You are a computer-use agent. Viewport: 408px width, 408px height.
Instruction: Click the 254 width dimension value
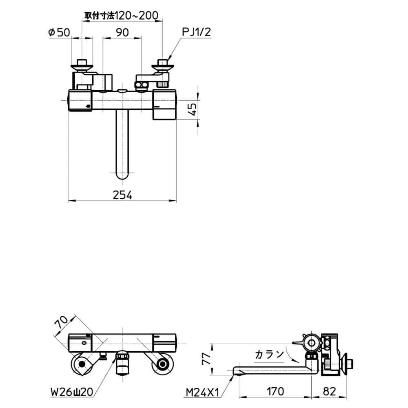(x=122, y=195)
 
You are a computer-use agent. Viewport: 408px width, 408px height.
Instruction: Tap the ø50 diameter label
(x=59, y=33)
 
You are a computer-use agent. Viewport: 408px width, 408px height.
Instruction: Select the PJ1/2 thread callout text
(x=197, y=32)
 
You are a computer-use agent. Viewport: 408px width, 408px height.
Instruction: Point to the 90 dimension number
(x=122, y=33)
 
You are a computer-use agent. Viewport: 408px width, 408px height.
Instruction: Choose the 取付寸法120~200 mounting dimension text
(x=121, y=16)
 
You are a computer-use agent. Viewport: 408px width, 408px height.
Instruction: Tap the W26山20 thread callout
(x=71, y=392)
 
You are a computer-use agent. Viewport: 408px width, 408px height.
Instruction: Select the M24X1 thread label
(x=203, y=392)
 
